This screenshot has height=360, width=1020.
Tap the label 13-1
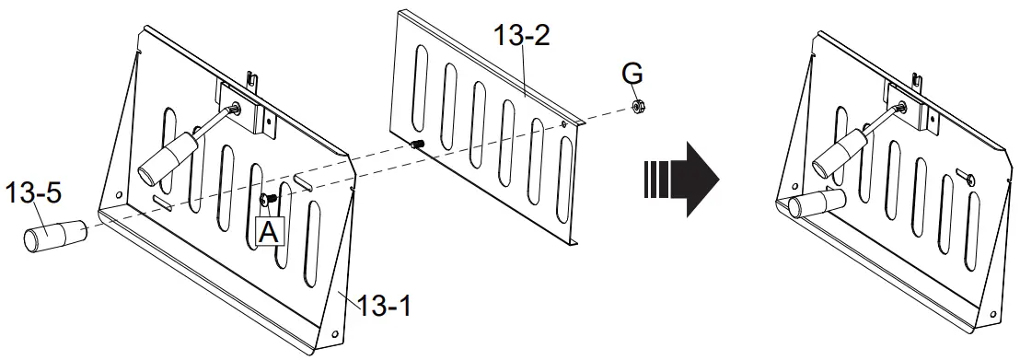coord(385,305)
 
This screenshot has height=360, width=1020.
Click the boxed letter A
coord(269,231)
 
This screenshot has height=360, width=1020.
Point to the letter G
coord(632,75)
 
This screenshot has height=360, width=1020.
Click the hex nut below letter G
coord(637,106)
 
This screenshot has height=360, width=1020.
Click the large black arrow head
coord(701,180)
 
